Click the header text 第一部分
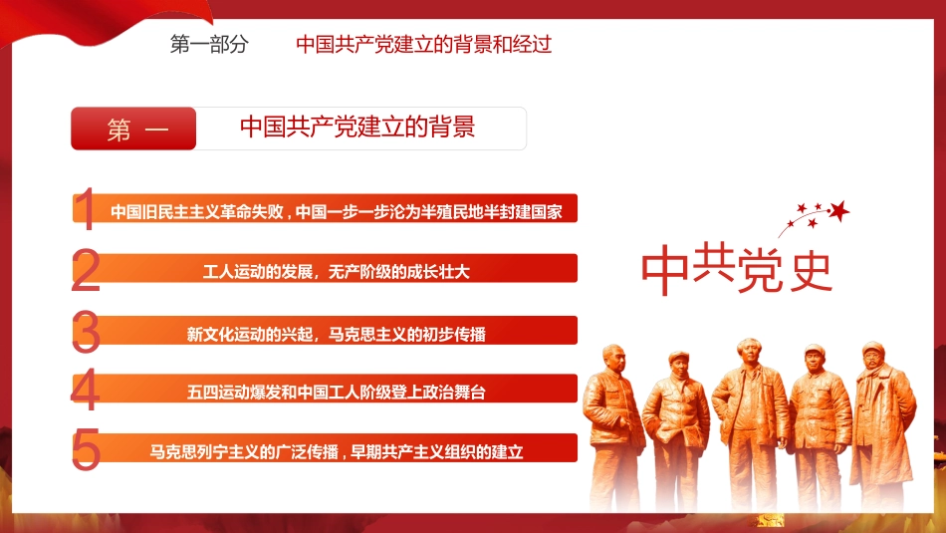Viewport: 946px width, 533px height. (x=209, y=45)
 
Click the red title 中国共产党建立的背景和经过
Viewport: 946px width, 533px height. (x=423, y=45)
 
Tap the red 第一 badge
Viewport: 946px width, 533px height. (x=134, y=130)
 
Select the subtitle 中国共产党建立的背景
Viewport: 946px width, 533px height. (x=357, y=128)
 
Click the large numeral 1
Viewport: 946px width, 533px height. (x=87, y=210)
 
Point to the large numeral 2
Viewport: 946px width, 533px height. (x=87, y=271)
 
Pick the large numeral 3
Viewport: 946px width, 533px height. (x=87, y=333)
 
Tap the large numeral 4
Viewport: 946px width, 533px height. (x=86, y=391)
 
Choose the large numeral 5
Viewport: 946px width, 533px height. (x=87, y=450)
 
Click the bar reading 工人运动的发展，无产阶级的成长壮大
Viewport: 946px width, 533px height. (x=336, y=270)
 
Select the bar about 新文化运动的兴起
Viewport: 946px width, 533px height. (x=336, y=333)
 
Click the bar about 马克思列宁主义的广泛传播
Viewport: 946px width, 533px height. (x=336, y=451)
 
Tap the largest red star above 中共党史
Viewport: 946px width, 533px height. (x=839, y=211)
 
